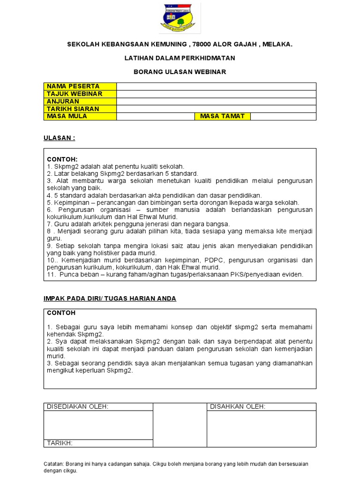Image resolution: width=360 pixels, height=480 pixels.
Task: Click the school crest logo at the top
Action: coord(180,18)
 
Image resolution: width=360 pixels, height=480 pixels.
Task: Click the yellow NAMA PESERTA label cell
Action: coord(80,86)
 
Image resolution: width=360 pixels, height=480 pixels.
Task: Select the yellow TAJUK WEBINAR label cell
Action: coord(80,94)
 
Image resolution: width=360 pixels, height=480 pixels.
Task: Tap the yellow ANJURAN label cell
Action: coord(80,101)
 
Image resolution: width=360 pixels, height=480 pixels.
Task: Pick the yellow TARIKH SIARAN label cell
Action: coord(80,109)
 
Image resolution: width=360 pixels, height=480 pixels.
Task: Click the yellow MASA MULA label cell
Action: coord(80,116)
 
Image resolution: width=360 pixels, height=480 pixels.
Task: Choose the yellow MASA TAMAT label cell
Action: coord(222,116)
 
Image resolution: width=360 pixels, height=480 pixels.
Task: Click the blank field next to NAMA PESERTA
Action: coord(216,86)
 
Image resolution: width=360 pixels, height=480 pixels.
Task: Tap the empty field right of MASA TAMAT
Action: coord(283,116)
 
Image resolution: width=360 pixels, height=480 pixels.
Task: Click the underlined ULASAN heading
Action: coord(59,138)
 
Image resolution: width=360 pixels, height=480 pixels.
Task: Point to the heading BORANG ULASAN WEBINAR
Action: coord(180,72)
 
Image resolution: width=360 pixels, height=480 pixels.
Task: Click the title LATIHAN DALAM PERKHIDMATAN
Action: coord(180,58)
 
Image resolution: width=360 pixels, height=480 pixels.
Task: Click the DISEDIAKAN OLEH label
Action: coord(77,406)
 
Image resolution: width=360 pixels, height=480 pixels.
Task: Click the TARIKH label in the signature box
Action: coord(59,443)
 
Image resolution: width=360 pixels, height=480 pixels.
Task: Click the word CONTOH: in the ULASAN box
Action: coord(62,159)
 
